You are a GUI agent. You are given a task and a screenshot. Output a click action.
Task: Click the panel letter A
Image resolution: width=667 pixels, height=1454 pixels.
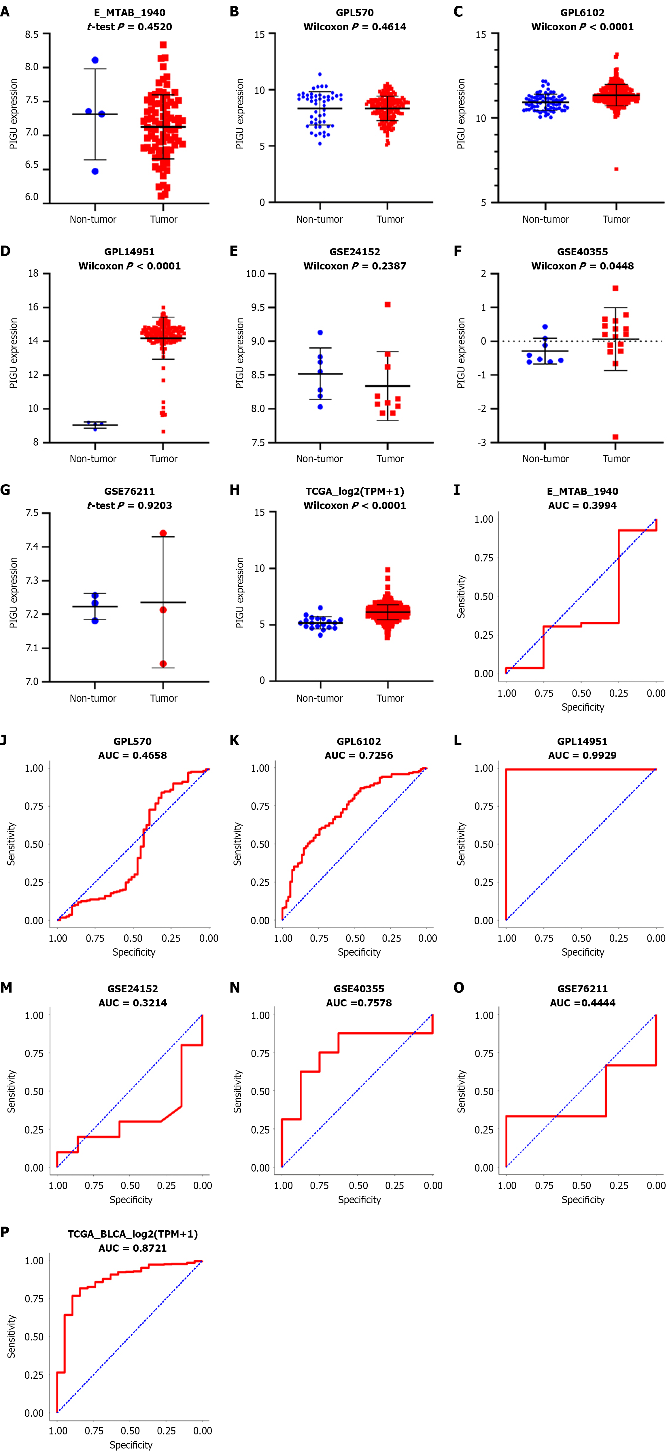pyautogui.click(x=5, y=11)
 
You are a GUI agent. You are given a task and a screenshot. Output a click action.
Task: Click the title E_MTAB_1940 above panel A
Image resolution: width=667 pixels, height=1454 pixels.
pyautogui.click(x=129, y=12)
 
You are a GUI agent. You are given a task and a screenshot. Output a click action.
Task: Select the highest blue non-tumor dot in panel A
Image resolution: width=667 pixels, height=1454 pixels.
pyautogui.click(x=95, y=60)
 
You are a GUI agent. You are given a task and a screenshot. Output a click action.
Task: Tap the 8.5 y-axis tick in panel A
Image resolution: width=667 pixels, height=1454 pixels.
pyautogui.click(x=32, y=34)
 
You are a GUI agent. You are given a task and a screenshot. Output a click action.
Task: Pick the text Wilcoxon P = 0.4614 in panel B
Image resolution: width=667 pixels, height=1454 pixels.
pyautogui.click(x=354, y=27)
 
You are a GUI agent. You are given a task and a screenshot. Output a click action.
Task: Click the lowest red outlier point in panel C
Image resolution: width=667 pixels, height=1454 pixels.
pyautogui.click(x=616, y=169)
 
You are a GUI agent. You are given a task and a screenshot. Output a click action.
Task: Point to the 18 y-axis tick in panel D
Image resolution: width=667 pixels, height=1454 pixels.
pyautogui.click(x=33, y=273)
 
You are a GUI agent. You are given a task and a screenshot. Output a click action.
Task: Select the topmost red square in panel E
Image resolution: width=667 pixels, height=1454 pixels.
pyautogui.click(x=388, y=305)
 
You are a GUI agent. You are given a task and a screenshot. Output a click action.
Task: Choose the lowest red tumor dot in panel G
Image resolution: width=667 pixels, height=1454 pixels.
pyautogui.click(x=163, y=664)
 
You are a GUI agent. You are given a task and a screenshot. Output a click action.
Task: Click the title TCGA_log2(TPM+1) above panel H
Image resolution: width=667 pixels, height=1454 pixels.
pyautogui.click(x=354, y=491)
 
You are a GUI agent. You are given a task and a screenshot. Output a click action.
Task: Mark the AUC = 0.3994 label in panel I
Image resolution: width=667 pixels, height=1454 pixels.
pyautogui.click(x=582, y=505)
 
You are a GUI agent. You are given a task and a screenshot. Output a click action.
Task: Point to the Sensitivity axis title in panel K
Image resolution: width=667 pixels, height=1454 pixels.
pyautogui.click(x=238, y=844)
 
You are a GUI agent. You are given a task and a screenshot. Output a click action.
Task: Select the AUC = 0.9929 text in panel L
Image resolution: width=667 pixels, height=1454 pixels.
pyautogui.click(x=582, y=755)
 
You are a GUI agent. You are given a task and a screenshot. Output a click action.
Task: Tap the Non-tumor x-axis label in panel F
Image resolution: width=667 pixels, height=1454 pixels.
pyautogui.click(x=545, y=458)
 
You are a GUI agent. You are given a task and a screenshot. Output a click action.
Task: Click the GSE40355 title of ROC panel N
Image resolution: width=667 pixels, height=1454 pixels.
pyautogui.click(x=359, y=988)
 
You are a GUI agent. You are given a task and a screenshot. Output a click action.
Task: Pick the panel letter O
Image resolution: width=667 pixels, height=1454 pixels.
pyautogui.click(x=459, y=987)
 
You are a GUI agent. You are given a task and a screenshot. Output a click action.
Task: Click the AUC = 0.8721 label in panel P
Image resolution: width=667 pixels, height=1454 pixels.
pyautogui.click(x=133, y=1248)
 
